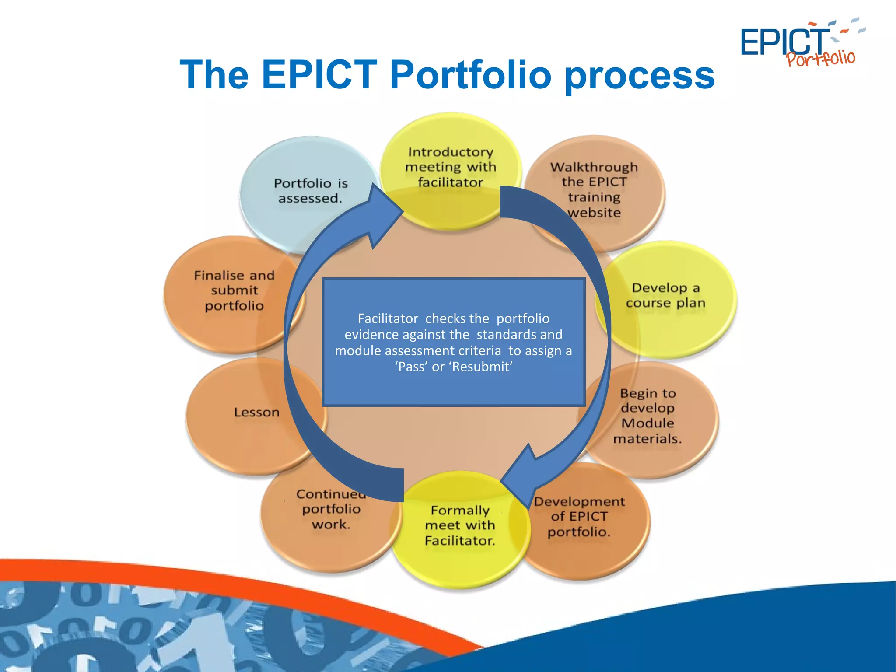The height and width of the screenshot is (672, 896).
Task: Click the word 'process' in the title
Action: click(640, 75)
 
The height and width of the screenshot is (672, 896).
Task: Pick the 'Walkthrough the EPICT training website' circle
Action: click(594, 189)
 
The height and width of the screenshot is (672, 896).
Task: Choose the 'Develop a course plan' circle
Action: click(665, 296)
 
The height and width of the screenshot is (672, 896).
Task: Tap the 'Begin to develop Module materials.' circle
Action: click(648, 416)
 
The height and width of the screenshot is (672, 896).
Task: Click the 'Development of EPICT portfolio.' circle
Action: click(579, 517)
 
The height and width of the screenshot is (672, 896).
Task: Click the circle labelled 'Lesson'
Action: click(256, 413)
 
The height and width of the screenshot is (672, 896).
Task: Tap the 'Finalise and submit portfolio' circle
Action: click(234, 290)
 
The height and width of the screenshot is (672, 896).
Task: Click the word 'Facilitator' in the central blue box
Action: click(388, 318)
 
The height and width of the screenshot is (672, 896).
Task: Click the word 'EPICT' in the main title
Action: click(319, 75)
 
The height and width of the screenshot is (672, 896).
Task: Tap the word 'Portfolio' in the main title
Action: click(470, 75)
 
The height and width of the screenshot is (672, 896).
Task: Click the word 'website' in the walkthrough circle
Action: click(594, 213)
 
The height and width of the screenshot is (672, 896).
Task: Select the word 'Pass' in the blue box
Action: click(411, 367)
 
